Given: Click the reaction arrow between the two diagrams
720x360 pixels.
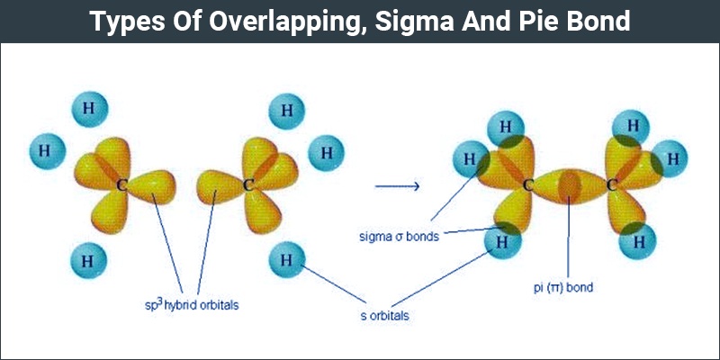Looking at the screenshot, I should (397, 186).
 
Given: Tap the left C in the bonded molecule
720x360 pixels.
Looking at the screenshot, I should (528, 186).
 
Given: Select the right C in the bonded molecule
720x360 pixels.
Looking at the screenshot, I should (612, 186).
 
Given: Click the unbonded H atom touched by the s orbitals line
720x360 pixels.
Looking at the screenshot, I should (286, 262).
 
